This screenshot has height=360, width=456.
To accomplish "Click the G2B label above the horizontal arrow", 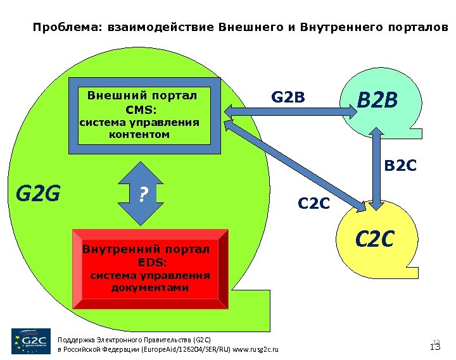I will coord(288,98).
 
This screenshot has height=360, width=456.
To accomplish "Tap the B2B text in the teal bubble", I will coord(377,100).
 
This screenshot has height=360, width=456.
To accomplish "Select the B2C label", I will coord(400,166).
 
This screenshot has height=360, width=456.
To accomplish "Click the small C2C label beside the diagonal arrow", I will coord(313,204).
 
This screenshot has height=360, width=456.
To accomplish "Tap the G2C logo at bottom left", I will coord(30,341).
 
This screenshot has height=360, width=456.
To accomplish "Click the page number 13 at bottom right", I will coord(435,347).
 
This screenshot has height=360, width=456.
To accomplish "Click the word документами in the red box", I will coord(150,288).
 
